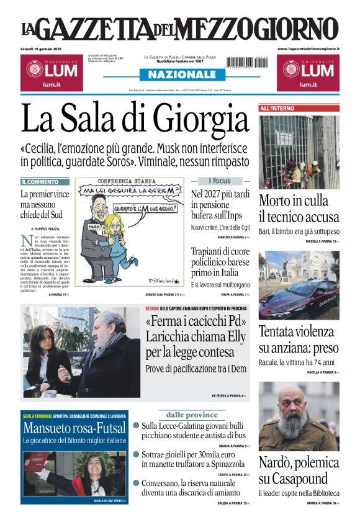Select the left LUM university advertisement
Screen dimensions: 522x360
(x=49, y=73)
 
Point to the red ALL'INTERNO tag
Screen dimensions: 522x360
(x=275, y=108)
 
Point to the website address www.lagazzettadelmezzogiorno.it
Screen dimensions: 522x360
(x=308, y=48)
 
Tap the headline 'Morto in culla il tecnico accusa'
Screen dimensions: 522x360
(x=299, y=209)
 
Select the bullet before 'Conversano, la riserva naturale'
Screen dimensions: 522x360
(x=136, y=482)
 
